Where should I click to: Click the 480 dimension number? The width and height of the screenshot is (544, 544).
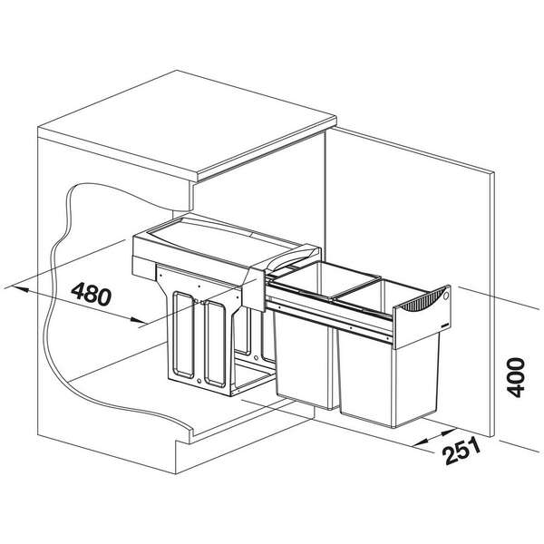(x=92, y=294)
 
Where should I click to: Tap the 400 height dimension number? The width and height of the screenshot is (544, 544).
(x=516, y=377)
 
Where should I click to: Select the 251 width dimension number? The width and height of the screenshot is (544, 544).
(x=462, y=451)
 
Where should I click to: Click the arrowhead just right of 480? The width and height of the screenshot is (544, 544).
(x=139, y=320)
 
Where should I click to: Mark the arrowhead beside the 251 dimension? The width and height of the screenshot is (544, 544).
(x=447, y=433)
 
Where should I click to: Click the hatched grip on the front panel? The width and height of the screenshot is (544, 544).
(x=421, y=298)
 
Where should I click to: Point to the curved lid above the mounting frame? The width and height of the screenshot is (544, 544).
(x=226, y=239)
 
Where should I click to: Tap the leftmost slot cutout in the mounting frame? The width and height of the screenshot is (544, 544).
(x=184, y=335)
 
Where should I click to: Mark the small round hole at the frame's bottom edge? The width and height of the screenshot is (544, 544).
(x=199, y=381)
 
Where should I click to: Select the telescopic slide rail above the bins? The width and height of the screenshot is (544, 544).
(x=331, y=314)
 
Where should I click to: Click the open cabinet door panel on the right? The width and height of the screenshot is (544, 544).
(x=410, y=277)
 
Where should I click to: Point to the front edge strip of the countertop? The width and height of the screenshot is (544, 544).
(x=267, y=150)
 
